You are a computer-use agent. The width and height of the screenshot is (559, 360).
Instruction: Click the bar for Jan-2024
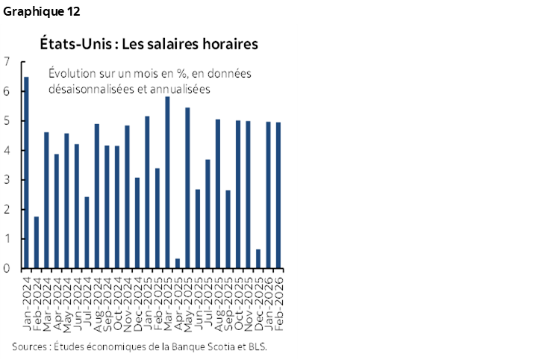[x=27, y=173]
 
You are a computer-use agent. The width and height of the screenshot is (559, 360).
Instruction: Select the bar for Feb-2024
[x=37, y=242]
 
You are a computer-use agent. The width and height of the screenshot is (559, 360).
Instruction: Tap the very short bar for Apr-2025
[x=177, y=263]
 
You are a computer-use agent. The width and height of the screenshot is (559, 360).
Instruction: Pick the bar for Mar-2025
[x=167, y=182]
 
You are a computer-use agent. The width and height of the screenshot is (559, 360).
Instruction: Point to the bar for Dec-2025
[x=258, y=258]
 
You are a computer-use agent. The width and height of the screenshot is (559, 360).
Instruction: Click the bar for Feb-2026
[x=278, y=195]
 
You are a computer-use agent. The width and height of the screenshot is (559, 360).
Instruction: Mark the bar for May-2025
[x=187, y=187]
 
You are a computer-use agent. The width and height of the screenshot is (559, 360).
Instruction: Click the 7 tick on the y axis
[x=6, y=62]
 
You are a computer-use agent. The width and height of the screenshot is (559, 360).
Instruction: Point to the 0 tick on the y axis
[x=6, y=268]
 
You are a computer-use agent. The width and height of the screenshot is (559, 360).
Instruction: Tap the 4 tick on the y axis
[x=6, y=150]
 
